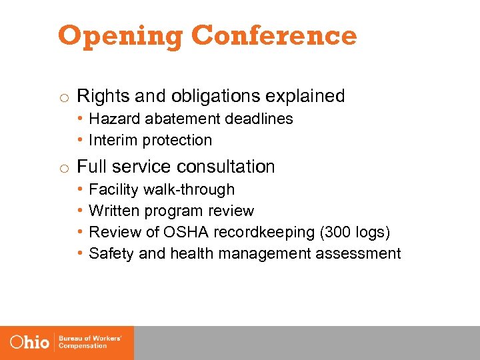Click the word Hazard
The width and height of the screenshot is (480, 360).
(111, 119)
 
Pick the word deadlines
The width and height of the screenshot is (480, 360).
(261, 119)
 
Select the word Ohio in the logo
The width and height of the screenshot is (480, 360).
(30, 342)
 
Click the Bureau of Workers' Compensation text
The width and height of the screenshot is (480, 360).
(89, 342)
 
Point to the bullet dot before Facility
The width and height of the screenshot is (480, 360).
(79, 190)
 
